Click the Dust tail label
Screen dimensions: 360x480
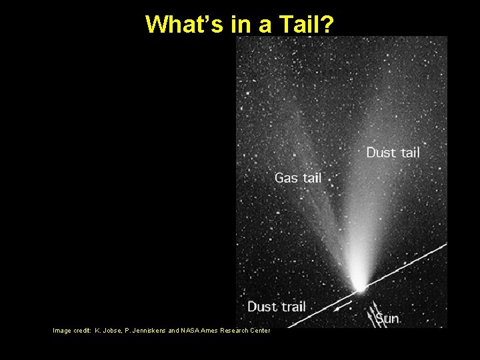pos(393,153)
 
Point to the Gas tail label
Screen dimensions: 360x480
pos(298,178)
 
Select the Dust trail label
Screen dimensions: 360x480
pos(276,307)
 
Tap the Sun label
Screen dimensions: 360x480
pos(387,319)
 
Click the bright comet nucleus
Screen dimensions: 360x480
pos(360,288)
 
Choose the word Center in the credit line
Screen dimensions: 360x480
pos(259,331)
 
